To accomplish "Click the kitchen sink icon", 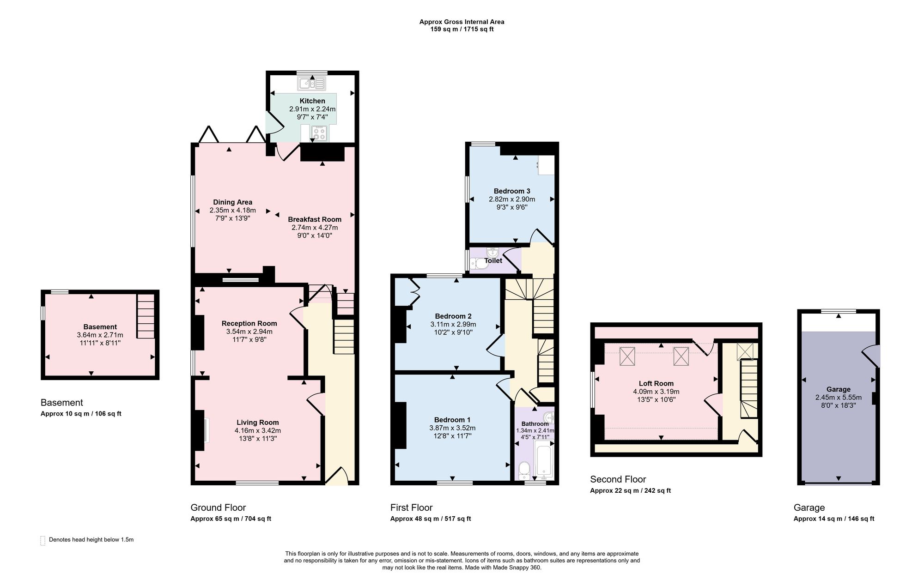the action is point(312,83).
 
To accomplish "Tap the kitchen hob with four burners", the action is point(319,133).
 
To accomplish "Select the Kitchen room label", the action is point(312,101).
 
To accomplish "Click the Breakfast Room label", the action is point(315,219).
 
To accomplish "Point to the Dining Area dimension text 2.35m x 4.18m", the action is point(232,210).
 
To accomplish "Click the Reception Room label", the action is point(249,323).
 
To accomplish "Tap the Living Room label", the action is point(258,422).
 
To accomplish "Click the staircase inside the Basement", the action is point(146,316).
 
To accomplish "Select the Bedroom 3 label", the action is point(512,191).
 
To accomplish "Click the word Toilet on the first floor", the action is point(493,260).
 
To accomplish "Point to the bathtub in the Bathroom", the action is point(544,460).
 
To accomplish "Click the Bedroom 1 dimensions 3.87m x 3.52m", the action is point(452,428).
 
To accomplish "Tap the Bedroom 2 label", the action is point(453,316).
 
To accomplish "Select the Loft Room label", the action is point(656,383).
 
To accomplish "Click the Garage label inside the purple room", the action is point(839,389).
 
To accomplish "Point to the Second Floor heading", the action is point(618,479).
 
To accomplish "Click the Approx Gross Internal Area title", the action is point(462,22).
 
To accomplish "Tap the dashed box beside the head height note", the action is point(43,540).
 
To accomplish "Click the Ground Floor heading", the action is point(218,508).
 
